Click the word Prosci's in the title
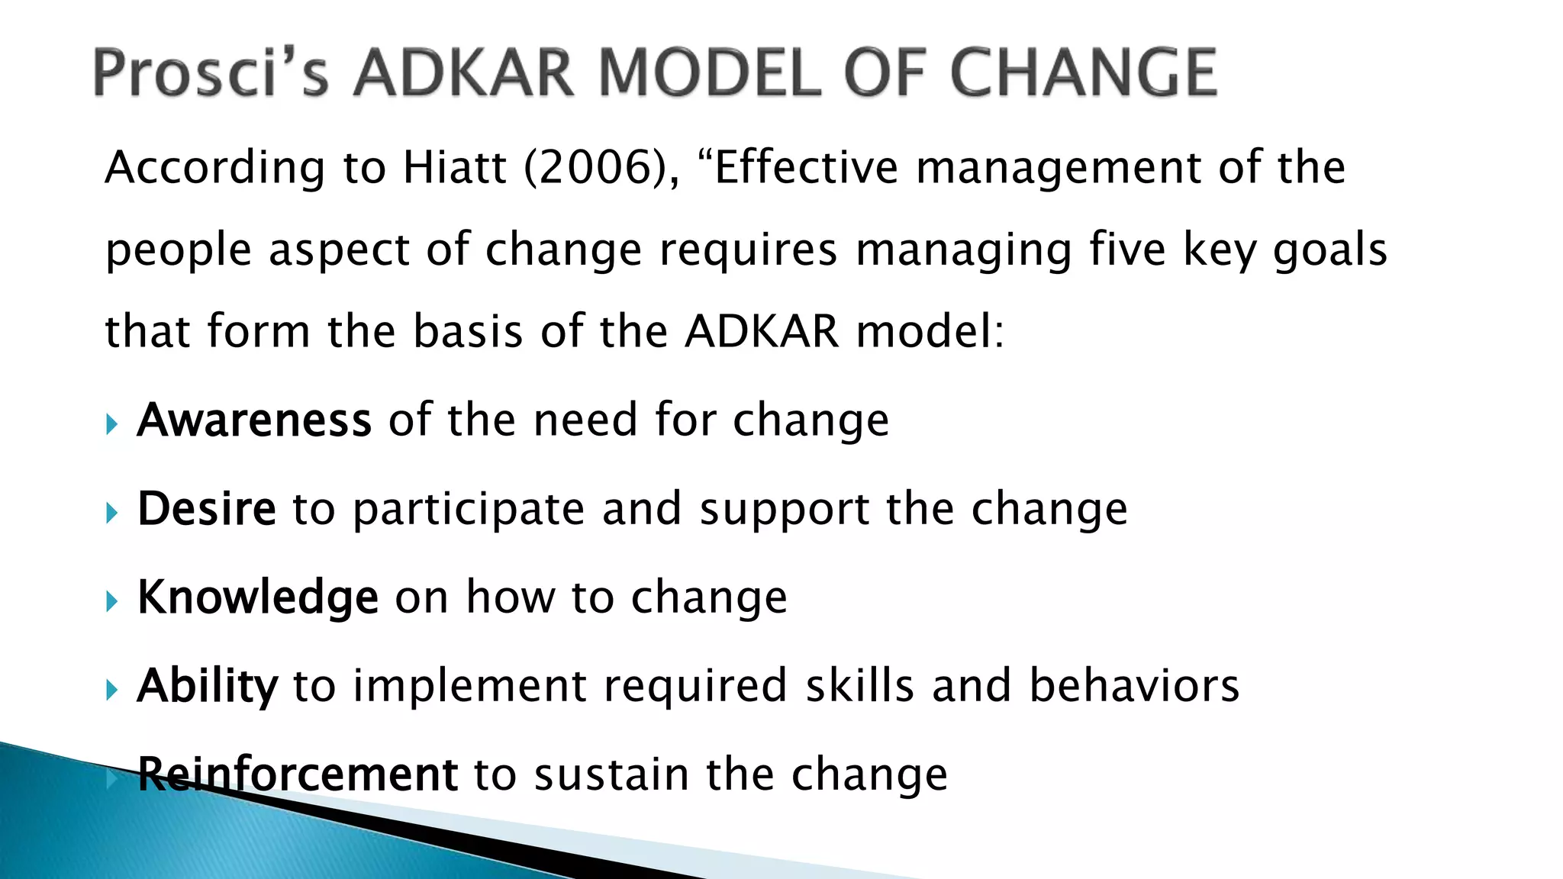(211, 72)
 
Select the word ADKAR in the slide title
(462, 72)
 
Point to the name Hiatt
(455, 167)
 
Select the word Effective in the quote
(806, 167)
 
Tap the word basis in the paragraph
(468, 332)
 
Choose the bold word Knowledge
(258, 597)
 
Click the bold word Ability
(208, 685)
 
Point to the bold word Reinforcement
(298, 774)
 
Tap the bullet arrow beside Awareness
(112, 424)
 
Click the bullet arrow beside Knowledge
(112, 601)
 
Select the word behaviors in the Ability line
(1134, 685)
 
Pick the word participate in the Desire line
(469, 510)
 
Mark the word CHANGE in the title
(1084, 72)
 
